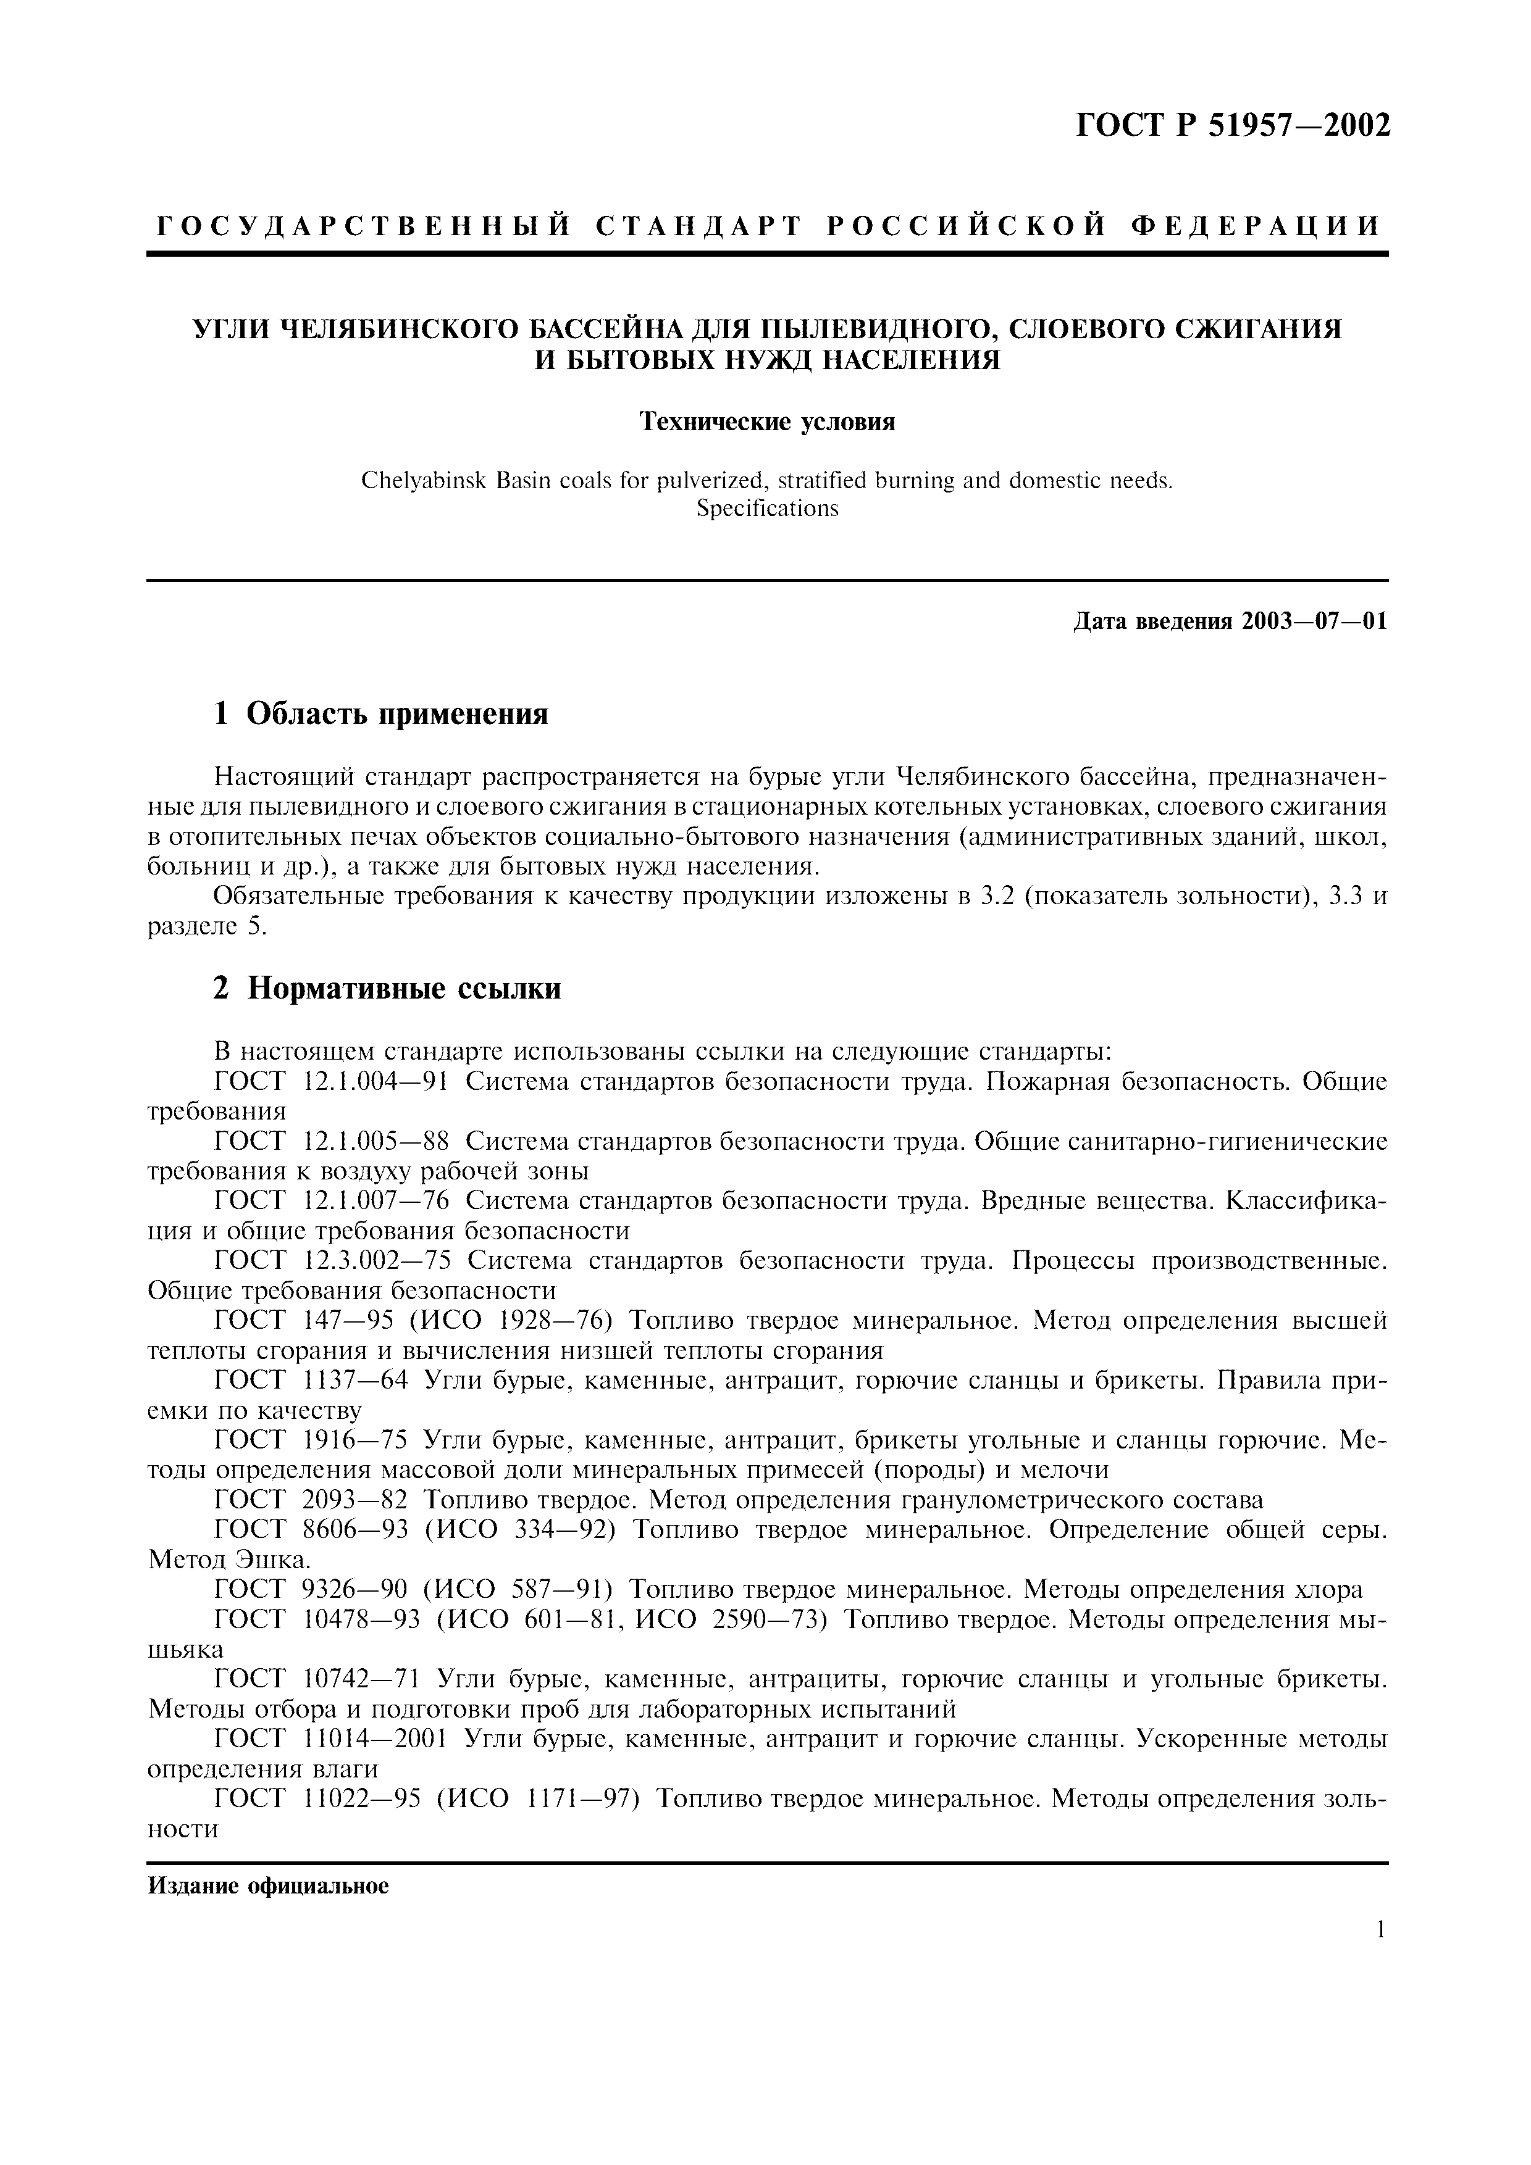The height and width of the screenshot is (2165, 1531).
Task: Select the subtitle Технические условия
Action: [x=767, y=422]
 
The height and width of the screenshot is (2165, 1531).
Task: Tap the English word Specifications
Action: [x=767, y=509]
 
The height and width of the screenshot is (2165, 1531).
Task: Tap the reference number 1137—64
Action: [x=356, y=1381]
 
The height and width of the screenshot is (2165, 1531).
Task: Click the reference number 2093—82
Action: [x=356, y=1500]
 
